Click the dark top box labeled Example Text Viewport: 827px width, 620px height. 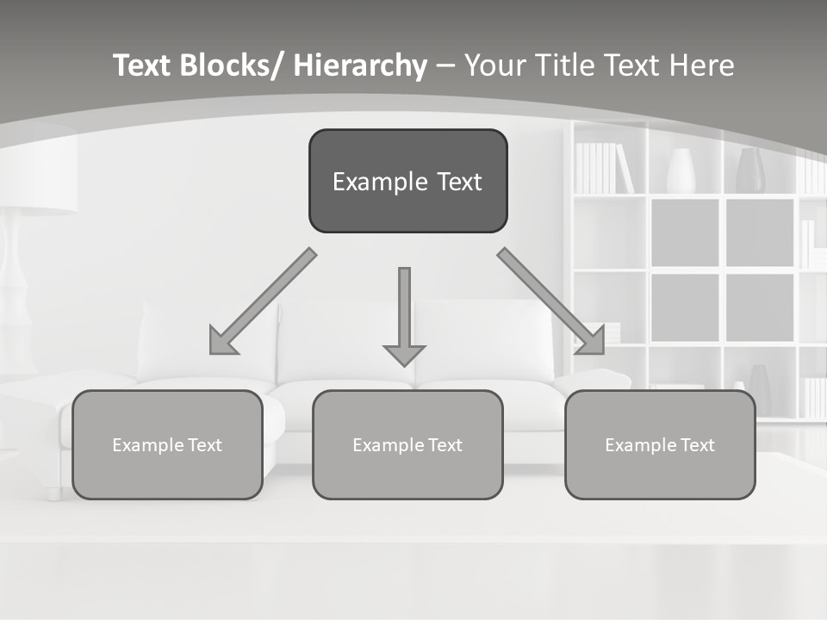point(407,181)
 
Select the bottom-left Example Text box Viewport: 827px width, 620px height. point(167,444)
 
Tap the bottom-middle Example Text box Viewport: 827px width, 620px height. point(407,444)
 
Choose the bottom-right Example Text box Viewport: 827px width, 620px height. point(660,444)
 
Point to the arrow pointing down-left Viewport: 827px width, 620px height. point(263,301)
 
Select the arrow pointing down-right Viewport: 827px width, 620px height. point(551,301)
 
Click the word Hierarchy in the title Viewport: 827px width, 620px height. point(360,65)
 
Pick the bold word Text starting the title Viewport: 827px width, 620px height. point(143,65)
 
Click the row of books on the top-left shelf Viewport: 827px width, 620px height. point(602,168)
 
